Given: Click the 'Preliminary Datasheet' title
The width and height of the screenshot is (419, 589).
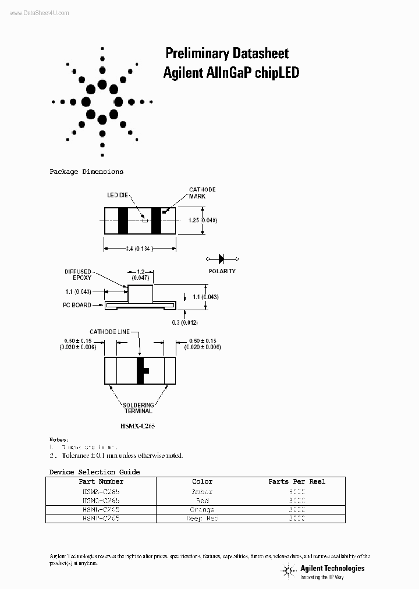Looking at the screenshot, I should tap(227, 54).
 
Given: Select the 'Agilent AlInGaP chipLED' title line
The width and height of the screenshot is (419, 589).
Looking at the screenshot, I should tap(231, 73).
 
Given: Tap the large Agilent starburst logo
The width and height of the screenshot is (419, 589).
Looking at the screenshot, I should tap(102, 102).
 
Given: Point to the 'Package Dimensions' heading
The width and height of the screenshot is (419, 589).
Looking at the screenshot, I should tap(86, 172).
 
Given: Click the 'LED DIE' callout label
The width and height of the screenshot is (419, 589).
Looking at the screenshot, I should tap(117, 196).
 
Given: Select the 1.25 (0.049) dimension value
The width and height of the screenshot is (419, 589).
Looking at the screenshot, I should tap(203, 220).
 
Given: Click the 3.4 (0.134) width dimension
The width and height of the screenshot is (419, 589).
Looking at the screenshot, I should tap(139, 249).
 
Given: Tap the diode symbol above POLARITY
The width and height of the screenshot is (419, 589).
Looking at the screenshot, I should tap(222, 258).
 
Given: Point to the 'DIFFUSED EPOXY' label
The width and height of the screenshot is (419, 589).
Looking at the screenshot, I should tap(79, 275).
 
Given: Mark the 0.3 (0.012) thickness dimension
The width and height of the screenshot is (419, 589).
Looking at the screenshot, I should tap(186, 323).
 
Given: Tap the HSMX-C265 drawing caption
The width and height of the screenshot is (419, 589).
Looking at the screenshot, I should tap(139, 426).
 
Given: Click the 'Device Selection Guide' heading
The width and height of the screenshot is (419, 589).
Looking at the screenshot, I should tap(94, 472).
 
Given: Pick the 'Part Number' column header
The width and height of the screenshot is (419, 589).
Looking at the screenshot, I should tap(101, 481).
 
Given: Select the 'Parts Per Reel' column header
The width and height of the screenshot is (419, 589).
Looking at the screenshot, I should tap(297, 481).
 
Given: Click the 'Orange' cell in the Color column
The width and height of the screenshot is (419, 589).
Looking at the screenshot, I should tap(202, 509).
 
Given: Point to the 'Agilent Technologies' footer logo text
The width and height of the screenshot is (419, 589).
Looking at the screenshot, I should tap(332, 568).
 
